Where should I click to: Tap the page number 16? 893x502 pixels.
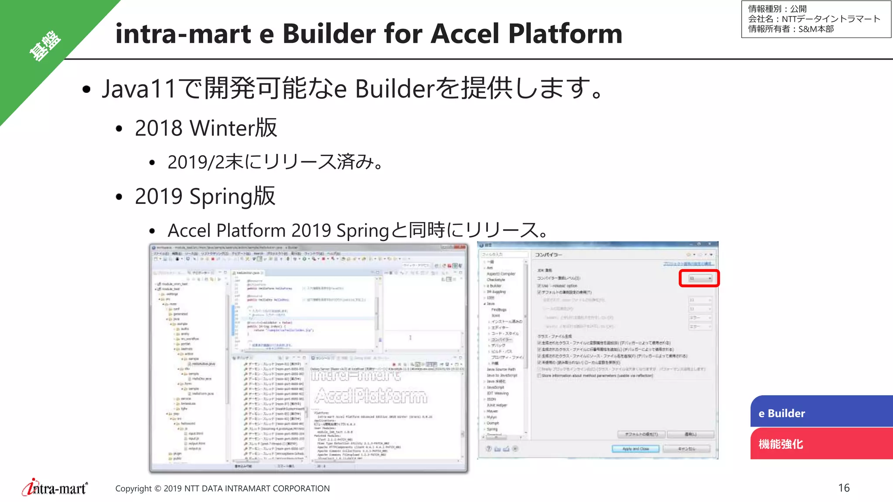point(844,488)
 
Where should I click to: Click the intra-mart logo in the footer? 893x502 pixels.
point(55,488)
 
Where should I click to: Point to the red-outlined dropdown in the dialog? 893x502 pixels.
point(699,278)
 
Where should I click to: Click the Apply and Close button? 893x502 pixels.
point(635,448)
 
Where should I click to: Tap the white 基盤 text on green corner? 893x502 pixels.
point(44,46)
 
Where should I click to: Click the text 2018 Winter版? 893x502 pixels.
point(206,128)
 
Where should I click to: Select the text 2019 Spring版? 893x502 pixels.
point(205,196)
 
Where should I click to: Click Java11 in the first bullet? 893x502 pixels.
point(139,88)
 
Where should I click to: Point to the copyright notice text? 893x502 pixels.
point(222,488)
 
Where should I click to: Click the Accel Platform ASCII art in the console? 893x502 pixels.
point(371,396)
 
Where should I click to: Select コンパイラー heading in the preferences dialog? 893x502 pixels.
point(549,254)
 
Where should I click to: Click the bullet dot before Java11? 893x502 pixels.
point(86,89)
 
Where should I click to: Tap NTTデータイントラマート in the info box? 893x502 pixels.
point(831,19)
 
